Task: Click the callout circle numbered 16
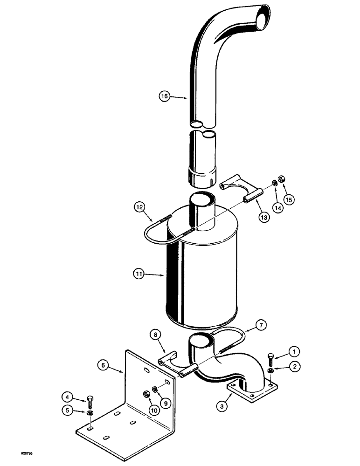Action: (x=163, y=97)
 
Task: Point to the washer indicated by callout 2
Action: (x=271, y=371)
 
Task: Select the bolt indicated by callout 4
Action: (x=89, y=400)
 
